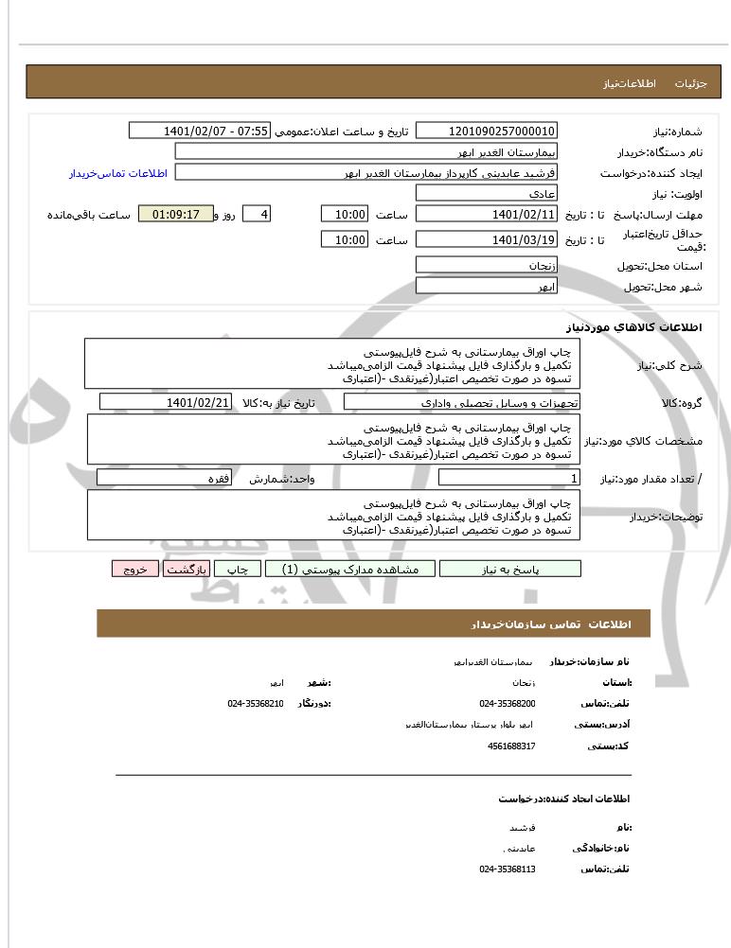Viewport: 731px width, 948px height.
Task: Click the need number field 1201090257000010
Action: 487,131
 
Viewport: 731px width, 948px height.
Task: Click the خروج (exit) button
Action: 134,569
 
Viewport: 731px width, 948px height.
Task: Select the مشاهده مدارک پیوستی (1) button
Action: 350,569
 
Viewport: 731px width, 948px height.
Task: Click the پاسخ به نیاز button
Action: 510,569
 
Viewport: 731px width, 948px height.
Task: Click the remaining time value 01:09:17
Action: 175,215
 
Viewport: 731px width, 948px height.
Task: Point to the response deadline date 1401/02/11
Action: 487,215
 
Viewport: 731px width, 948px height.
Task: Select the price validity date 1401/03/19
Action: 487,240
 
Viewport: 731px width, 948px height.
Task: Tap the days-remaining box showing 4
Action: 257,215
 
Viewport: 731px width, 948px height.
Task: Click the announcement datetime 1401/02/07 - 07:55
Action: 199,131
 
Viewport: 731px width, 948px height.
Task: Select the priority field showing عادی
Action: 487,193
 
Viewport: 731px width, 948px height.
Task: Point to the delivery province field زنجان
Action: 487,266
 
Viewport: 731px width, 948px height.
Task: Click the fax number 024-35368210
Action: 255,704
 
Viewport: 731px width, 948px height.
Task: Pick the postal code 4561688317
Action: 511,746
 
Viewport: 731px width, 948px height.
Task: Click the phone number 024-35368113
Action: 508,868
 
